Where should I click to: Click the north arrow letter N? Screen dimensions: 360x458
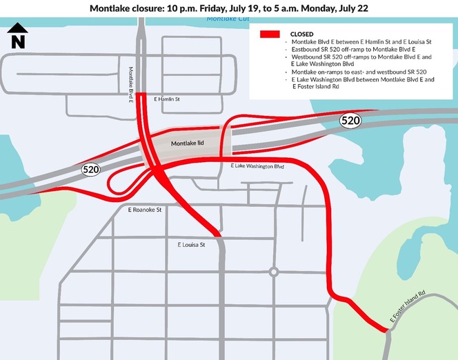coord(19,41)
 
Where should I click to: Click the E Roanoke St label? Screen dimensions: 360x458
coord(145,209)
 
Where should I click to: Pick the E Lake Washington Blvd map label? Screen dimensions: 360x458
coord(257,167)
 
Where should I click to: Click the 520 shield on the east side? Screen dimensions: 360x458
coord(350,121)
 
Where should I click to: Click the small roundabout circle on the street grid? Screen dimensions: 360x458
coord(274,272)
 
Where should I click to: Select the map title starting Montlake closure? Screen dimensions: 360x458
coord(228,8)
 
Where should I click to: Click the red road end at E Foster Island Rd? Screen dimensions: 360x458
coord(384,330)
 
